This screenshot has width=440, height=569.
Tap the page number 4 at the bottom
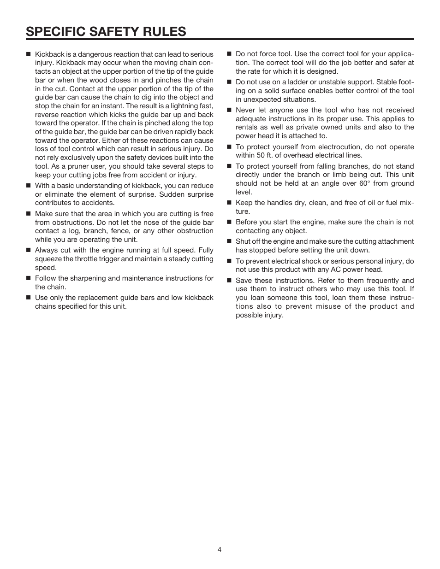pos(220,549)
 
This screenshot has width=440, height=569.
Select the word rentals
pos(249,127)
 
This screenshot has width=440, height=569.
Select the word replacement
pos(99,298)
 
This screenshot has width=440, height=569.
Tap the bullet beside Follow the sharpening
pos(28,278)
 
